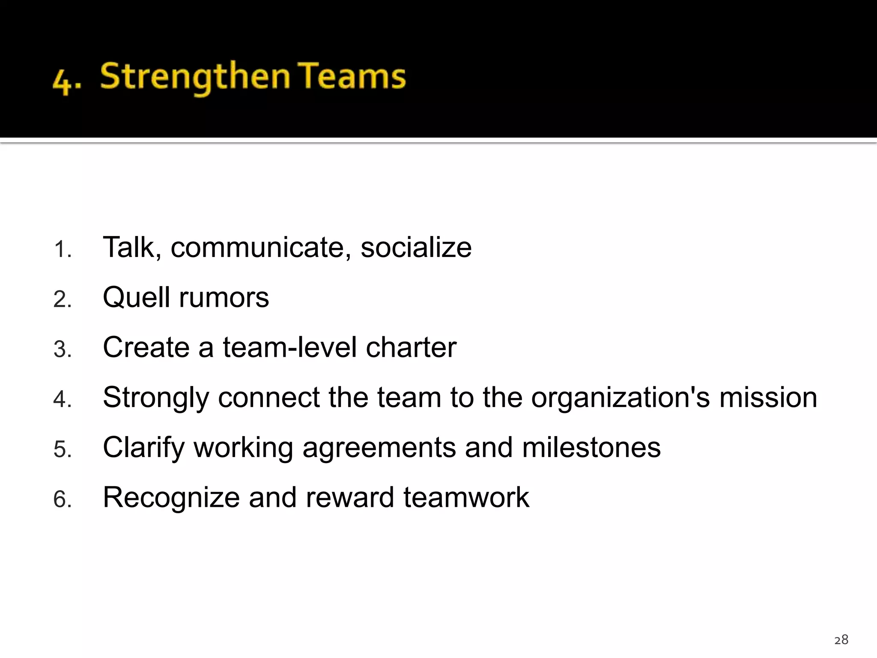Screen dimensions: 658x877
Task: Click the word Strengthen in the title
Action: tap(195, 77)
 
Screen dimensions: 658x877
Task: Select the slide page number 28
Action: tap(841, 640)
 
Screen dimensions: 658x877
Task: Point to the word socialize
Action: tap(416, 248)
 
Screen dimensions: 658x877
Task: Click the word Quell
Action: tap(137, 297)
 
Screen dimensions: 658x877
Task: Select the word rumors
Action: tap(224, 297)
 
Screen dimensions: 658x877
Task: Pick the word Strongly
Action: tap(156, 398)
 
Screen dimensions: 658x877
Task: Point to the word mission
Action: tap(768, 398)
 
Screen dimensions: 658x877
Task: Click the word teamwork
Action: tap(466, 498)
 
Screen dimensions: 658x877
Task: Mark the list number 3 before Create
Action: tap(62, 349)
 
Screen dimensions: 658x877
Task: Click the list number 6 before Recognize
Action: tap(62, 499)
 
